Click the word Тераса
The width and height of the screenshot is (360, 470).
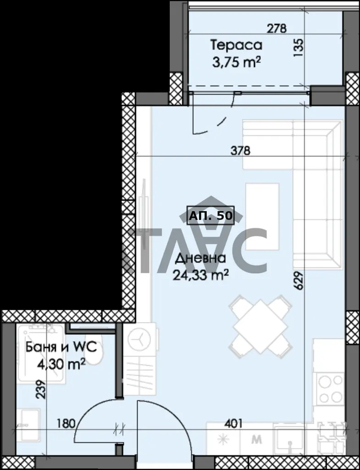[236, 45]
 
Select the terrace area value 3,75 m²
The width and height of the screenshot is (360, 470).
[236, 63]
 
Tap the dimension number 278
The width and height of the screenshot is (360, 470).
[277, 28]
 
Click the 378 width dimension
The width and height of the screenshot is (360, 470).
[240, 151]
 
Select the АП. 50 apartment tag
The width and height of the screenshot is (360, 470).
[210, 215]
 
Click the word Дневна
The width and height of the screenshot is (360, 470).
[200, 259]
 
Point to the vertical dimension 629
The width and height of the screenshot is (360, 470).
[299, 280]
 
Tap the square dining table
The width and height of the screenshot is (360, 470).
[260, 326]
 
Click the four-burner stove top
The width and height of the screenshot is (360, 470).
[330, 389]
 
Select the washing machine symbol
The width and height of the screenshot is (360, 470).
[139, 340]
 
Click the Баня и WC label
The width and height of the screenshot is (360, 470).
[61, 348]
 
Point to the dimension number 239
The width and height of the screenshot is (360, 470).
[41, 389]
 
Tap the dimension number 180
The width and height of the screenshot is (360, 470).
[66, 424]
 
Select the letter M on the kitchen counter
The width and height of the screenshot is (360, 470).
[257, 440]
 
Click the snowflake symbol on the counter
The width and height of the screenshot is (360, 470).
[223, 439]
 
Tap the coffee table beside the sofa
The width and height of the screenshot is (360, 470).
[262, 217]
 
